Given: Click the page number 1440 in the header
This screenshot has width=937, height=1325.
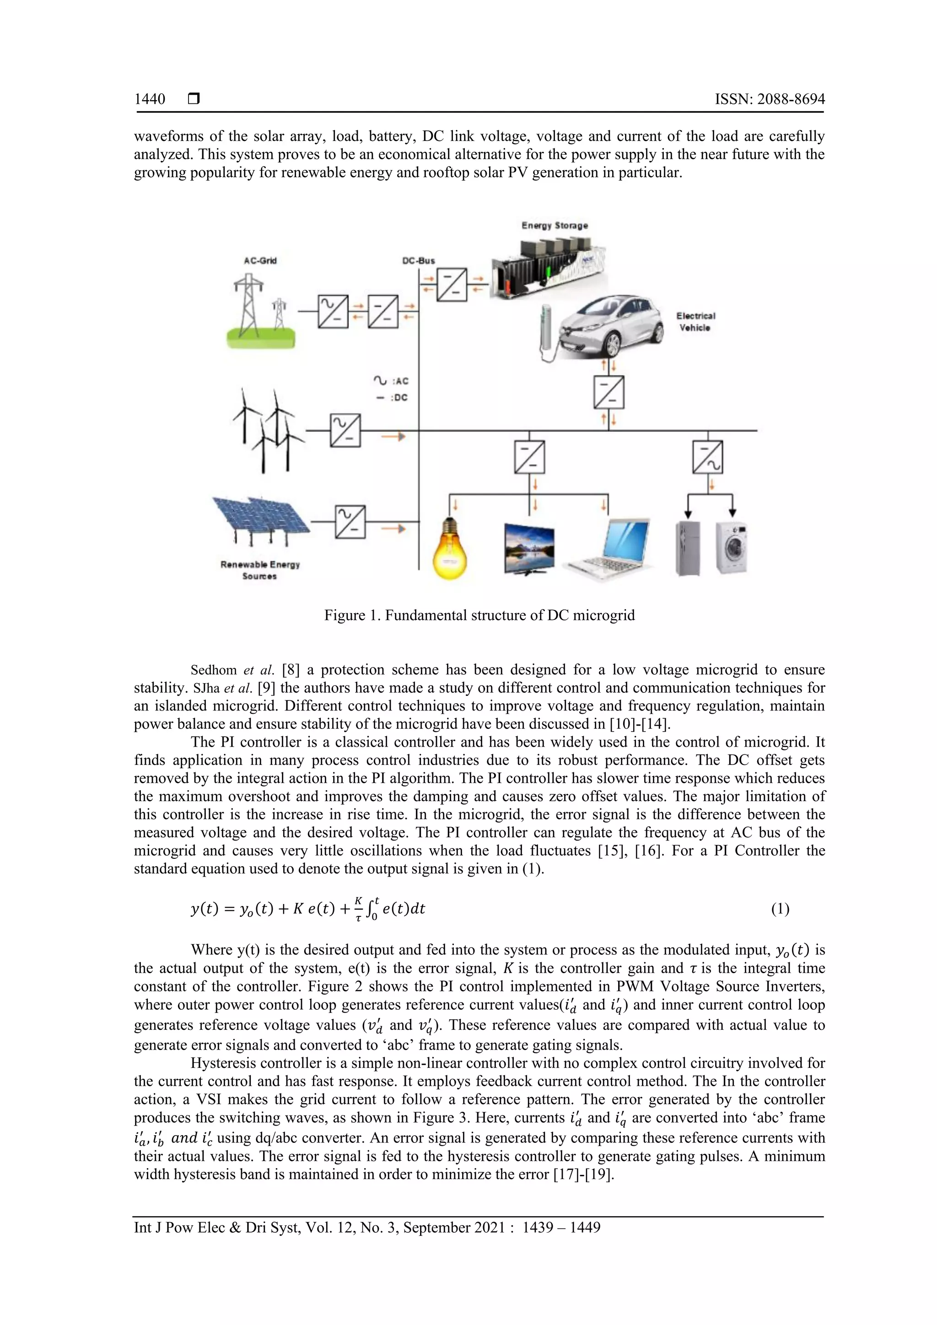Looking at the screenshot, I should click(150, 99).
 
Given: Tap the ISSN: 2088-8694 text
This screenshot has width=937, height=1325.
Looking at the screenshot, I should click(770, 99).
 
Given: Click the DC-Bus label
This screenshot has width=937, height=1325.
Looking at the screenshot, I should click(418, 261).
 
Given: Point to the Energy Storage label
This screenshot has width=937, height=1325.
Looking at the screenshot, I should click(555, 226).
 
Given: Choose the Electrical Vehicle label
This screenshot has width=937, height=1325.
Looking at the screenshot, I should click(695, 322).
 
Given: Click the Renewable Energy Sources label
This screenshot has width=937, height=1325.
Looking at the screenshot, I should click(259, 570).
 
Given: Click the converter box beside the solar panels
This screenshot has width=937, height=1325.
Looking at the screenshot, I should click(350, 522).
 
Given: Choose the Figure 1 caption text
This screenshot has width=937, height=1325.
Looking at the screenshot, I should click(479, 615).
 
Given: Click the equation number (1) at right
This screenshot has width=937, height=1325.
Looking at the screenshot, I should click(780, 909).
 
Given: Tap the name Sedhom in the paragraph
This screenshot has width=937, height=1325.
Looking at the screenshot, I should click(214, 670).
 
